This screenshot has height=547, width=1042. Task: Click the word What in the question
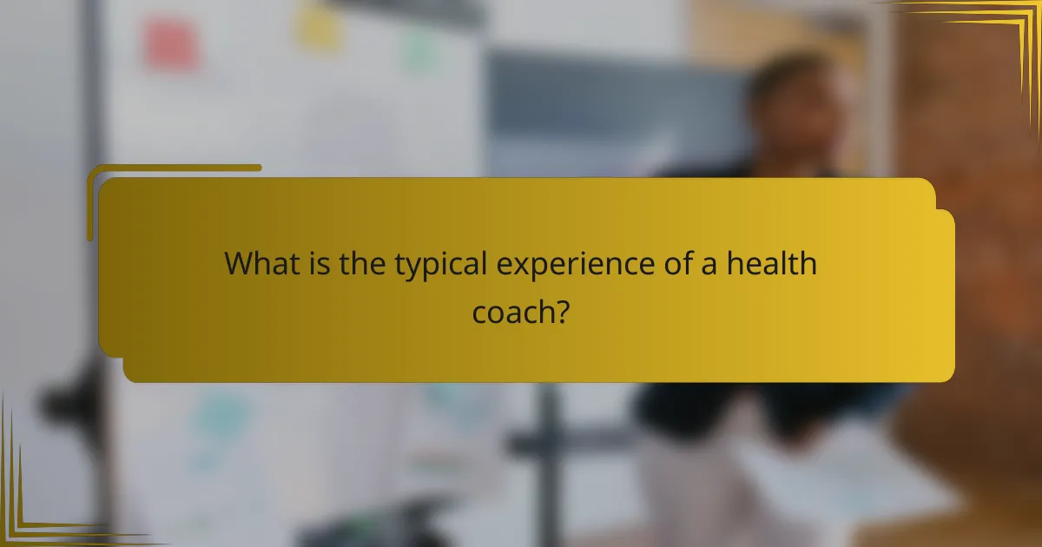point(257,264)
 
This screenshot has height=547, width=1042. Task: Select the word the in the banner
point(361,264)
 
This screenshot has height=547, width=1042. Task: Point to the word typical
point(440,266)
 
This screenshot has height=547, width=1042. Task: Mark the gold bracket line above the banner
point(174,168)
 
